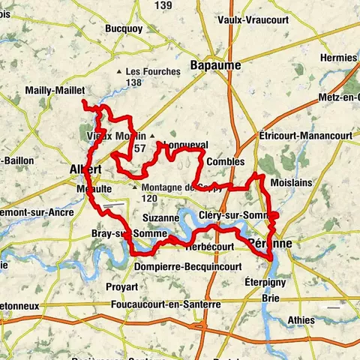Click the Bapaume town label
pos(215,65)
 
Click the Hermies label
pos(338,57)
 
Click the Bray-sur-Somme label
pos(117,233)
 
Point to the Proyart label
pos(121,286)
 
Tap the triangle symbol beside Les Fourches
pos(119,72)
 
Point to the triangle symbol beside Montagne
pos(135,187)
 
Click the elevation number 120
pos(148,198)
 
